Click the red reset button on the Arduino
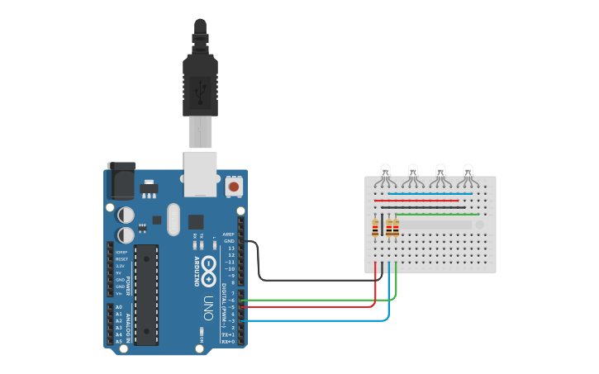click(234, 187)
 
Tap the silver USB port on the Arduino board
click(200, 174)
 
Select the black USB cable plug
click(200, 83)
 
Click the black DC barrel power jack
click(121, 181)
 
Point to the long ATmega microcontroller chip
click(146, 294)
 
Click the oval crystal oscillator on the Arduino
click(173, 220)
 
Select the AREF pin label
click(230, 234)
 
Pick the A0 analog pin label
click(119, 307)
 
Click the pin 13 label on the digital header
click(231, 248)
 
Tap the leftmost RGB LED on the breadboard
click(385, 174)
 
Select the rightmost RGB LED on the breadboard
click(468, 174)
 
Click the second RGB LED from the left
click(412, 174)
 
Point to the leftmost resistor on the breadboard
click(375, 228)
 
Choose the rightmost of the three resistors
click(396, 228)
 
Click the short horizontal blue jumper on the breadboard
click(430, 194)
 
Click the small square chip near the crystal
click(196, 221)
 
